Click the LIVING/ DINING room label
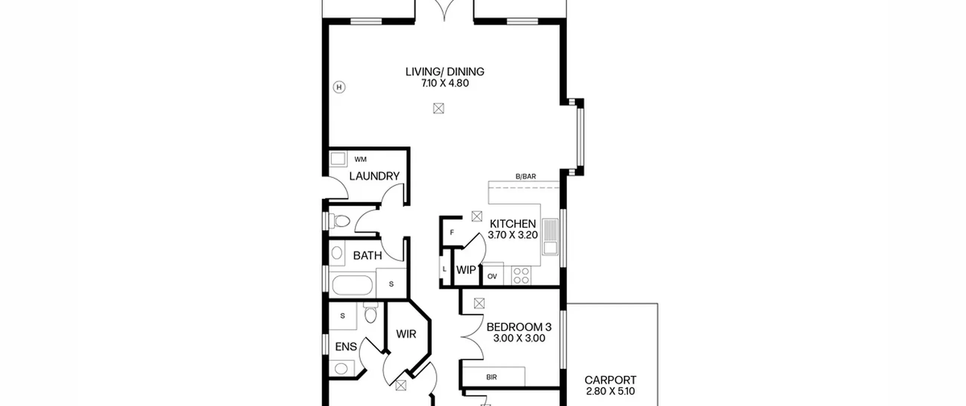click(445, 72)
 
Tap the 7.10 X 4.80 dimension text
click(445, 83)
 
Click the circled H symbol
click(339, 88)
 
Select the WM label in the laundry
click(360, 159)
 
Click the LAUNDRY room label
click(374, 176)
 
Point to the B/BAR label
click(526, 176)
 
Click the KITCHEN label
click(513, 224)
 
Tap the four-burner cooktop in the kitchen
click(521, 275)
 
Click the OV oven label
click(492, 276)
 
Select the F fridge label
click(452, 233)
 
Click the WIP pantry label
click(466, 270)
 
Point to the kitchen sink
click(551, 236)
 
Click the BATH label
click(368, 256)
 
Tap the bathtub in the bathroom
click(352, 285)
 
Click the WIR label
click(406, 334)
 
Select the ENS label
click(346, 346)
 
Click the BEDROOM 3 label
click(519, 327)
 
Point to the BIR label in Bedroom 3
click(492, 377)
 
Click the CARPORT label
click(611, 380)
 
